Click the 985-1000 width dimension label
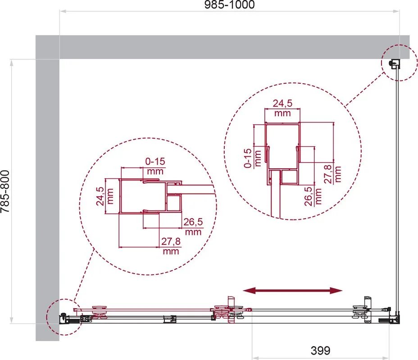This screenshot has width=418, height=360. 230,4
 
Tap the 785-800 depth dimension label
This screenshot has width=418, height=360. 5,191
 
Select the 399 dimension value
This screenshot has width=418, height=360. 320,351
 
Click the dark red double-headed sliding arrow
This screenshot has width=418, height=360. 293,291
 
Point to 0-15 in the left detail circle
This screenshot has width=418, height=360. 155,162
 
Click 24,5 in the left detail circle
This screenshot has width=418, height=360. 100,196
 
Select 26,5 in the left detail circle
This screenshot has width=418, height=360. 193,222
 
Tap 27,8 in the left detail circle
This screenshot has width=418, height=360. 171,242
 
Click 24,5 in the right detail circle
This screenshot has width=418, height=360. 282,103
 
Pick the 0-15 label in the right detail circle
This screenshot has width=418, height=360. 248,158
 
